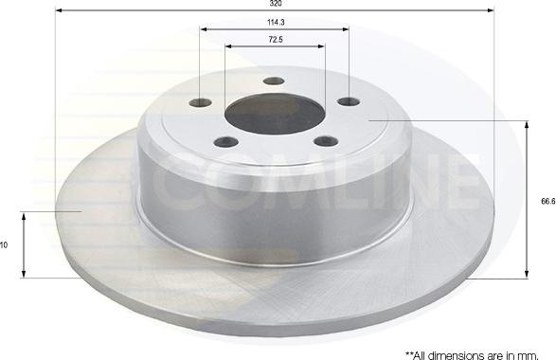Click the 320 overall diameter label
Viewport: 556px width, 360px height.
[x=274, y=4]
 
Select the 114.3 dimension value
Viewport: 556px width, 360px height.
[x=274, y=21]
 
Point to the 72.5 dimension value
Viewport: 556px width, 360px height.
[x=274, y=39]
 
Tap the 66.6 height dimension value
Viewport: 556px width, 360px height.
[x=547, y=200]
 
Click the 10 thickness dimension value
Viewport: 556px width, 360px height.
[x=5, y=244]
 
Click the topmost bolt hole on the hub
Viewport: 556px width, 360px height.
[x=274, y=81]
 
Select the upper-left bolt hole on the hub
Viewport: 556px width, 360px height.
[x=201, y=102]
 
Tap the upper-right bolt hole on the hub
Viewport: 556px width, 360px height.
[x=348, y=101]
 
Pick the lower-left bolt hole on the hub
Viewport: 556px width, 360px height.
[x=224, y=143]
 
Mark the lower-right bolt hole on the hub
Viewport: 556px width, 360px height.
[x=325, y=142]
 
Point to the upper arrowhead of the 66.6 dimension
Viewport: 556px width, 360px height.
[x=526, y=124]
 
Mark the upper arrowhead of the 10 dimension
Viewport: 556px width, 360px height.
[x=24, y=215]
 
